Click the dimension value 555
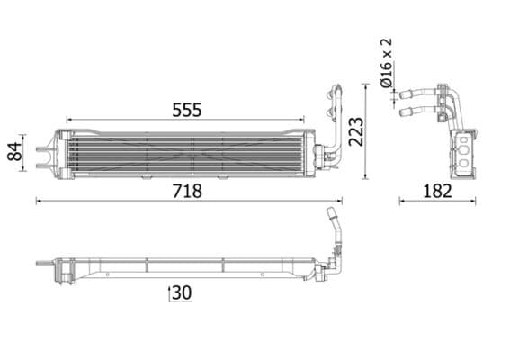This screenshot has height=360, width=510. [187, 109]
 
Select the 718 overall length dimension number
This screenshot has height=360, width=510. [187, 191]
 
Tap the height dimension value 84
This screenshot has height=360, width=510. [15, 151]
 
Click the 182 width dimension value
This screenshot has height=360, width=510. [437, 191]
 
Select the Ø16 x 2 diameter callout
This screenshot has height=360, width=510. [387, 63]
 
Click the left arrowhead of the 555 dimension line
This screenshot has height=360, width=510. [68, 119]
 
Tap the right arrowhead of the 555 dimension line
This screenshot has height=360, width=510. [303, 119]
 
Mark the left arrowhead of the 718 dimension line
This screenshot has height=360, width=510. [38, 201]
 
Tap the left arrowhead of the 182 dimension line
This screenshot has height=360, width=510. [398, 201]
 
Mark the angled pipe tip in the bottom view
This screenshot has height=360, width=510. [330, 214]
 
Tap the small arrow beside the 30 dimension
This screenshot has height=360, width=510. [169, 292]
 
